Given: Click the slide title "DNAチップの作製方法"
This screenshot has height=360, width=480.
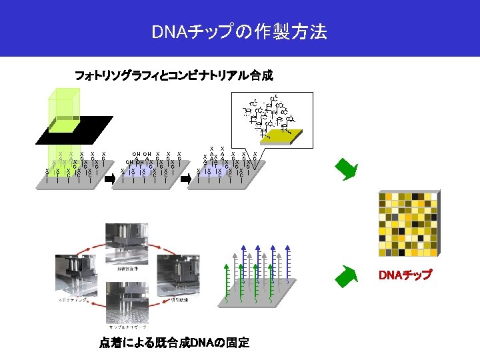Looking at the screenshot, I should point(239,31).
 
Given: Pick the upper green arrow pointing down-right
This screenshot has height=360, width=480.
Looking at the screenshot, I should point(347,170).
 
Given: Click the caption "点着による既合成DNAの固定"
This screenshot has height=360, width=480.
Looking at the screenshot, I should point(175,343).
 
